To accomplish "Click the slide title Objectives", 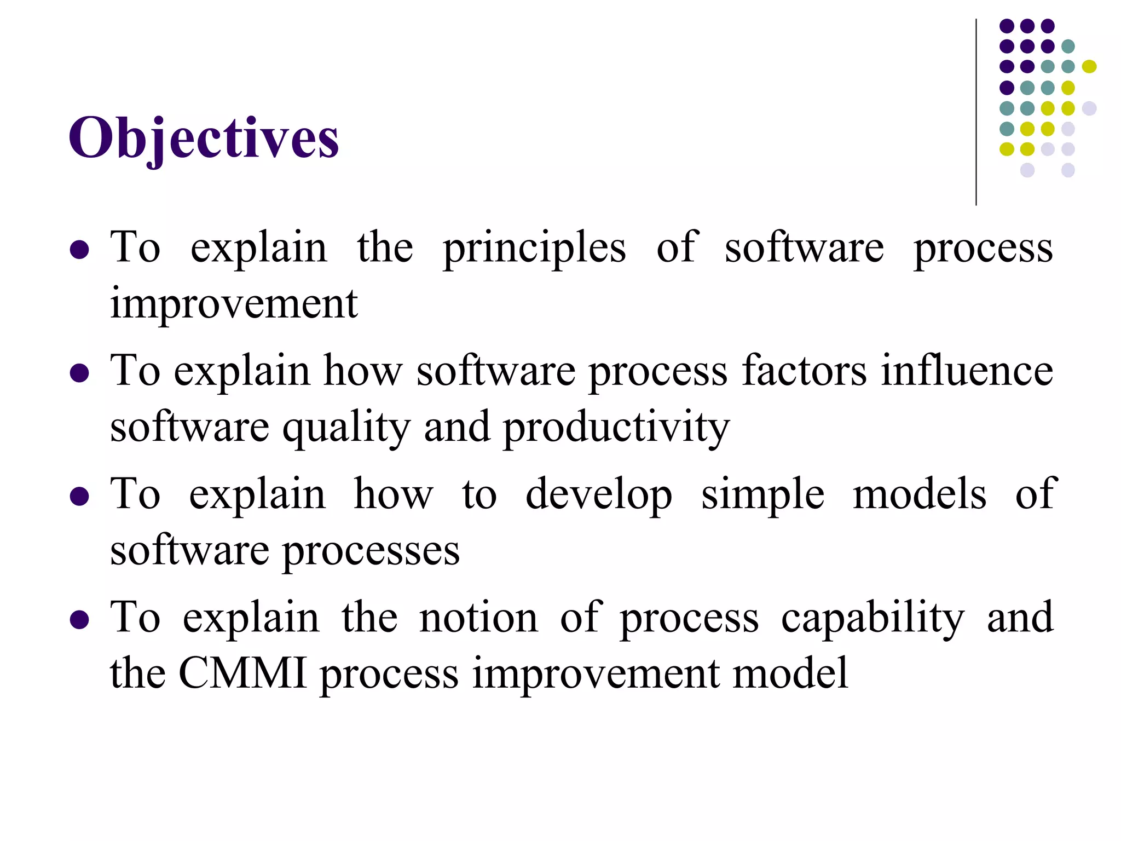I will (x=204, y=138).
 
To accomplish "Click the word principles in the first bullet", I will (x=534, y=248).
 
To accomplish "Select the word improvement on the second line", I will (x=234, y=304).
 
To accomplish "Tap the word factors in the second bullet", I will (x=804, y=371).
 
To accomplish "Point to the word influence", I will (x=967, y=371).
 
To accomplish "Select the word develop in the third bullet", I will (x=598, y=494).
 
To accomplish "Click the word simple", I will (x=762, y=494).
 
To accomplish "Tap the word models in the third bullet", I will (x=920, y=494).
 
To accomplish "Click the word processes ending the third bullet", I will (x=371, y=551).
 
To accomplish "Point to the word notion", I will (x=478, y=618).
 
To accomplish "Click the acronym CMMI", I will (x=242, y=673).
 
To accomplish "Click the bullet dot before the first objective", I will (x=80, y=250).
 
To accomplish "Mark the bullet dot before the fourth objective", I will (x=80, y=620).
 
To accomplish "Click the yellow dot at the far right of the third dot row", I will (x=1089, y=67).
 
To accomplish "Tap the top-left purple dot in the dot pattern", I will (x=1007, y=26).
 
